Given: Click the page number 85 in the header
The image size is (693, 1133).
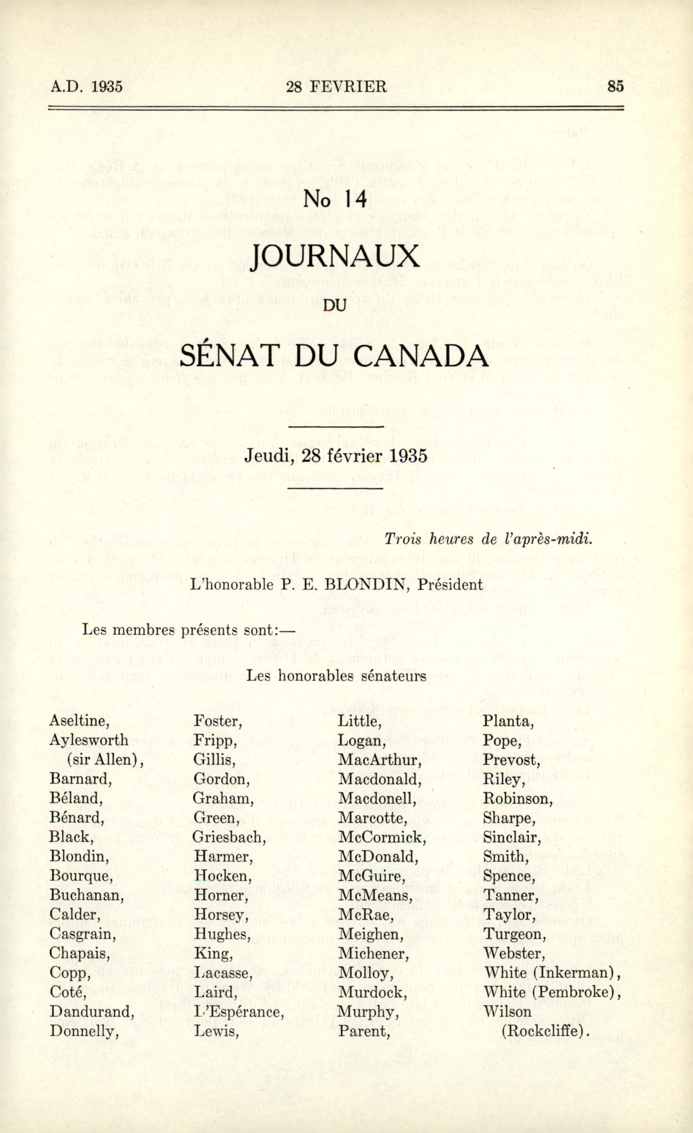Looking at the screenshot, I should pos(615,86).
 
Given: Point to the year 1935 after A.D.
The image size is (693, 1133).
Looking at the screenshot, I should pos(107,86).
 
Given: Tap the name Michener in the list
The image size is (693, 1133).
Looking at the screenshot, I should pos(373,953).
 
